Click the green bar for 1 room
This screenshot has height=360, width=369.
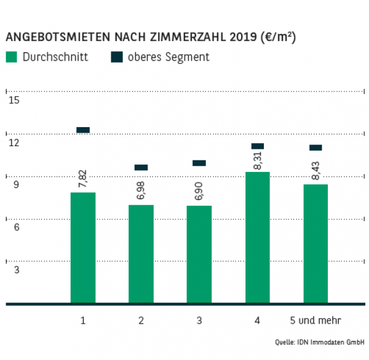click(83, 248)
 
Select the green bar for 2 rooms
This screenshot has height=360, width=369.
click(141, 254)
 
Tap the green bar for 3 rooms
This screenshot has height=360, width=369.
click(199, 254)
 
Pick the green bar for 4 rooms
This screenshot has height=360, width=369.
click(257, 238)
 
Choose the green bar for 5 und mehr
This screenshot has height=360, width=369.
click(315, 244)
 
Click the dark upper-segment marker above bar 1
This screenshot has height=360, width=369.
click(83, 130)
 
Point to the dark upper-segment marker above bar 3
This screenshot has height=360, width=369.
click(199, 163)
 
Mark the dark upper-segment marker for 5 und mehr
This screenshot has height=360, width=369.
click(315, 147)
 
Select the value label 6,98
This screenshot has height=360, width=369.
click(141, 191)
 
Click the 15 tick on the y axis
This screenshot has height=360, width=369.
click(14, 101)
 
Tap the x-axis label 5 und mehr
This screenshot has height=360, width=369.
click(315, 321)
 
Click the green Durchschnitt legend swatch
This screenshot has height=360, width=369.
click(12, 57)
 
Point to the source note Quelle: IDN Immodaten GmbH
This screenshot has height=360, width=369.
click(320, 342)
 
